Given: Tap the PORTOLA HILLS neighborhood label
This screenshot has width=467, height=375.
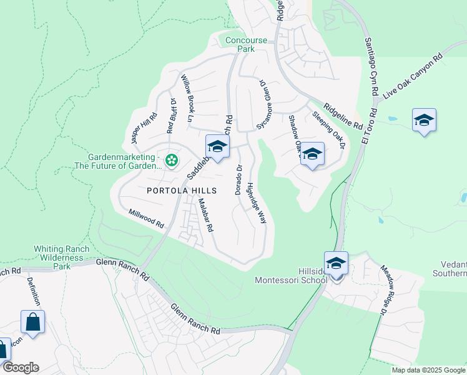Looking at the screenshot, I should [182, 191].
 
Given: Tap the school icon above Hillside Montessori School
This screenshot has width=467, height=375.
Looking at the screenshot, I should [336, 264].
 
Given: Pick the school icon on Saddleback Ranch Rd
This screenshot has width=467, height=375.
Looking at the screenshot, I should [217, 147].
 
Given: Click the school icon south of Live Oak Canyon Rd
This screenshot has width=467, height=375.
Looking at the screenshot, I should [424, 120].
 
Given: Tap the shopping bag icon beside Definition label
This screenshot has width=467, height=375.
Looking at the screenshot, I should [32, 322].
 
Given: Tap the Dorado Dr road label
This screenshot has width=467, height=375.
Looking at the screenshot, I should [238, 179].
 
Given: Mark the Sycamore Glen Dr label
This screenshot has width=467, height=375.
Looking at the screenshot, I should [263, 105].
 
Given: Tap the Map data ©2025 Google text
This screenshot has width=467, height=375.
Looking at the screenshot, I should [428, 370].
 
